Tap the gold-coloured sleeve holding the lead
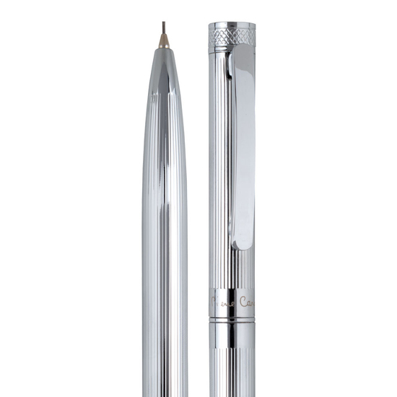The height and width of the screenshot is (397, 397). pyautogui.click(x=164, y=41)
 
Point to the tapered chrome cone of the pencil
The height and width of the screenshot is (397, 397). pyautogui.click(x=164, y=79)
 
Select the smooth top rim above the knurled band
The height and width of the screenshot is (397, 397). pyautogui.click(x=232, y=27)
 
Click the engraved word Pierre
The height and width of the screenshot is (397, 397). pyautogui.click(x=223, y=300)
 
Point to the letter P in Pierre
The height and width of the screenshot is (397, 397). pyautogui.click(x=214, y=300)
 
